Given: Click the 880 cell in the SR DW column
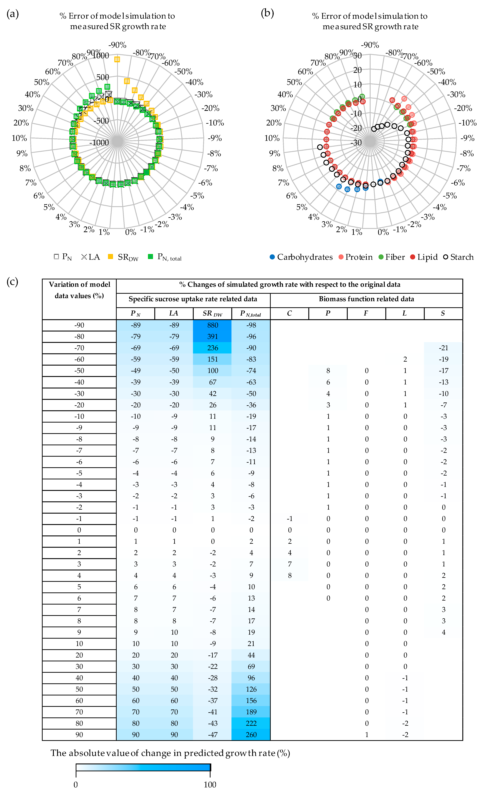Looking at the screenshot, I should (212, 325).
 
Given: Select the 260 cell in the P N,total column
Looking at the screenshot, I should (251, 735).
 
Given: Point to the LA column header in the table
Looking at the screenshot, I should (174, 313).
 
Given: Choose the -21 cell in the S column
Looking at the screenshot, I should (443, 348).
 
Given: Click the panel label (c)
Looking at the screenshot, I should (12, 282).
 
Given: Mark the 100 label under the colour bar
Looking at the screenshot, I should (210, 784).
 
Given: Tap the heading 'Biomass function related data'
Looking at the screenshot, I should (366, 299).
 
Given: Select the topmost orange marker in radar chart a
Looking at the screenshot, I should (117, 59).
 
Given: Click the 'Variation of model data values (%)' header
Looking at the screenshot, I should (79, 290).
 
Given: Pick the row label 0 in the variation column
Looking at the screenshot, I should (79, 530).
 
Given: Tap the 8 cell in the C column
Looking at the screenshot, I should (290, 575).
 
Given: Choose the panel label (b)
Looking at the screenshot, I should (267, 14).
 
